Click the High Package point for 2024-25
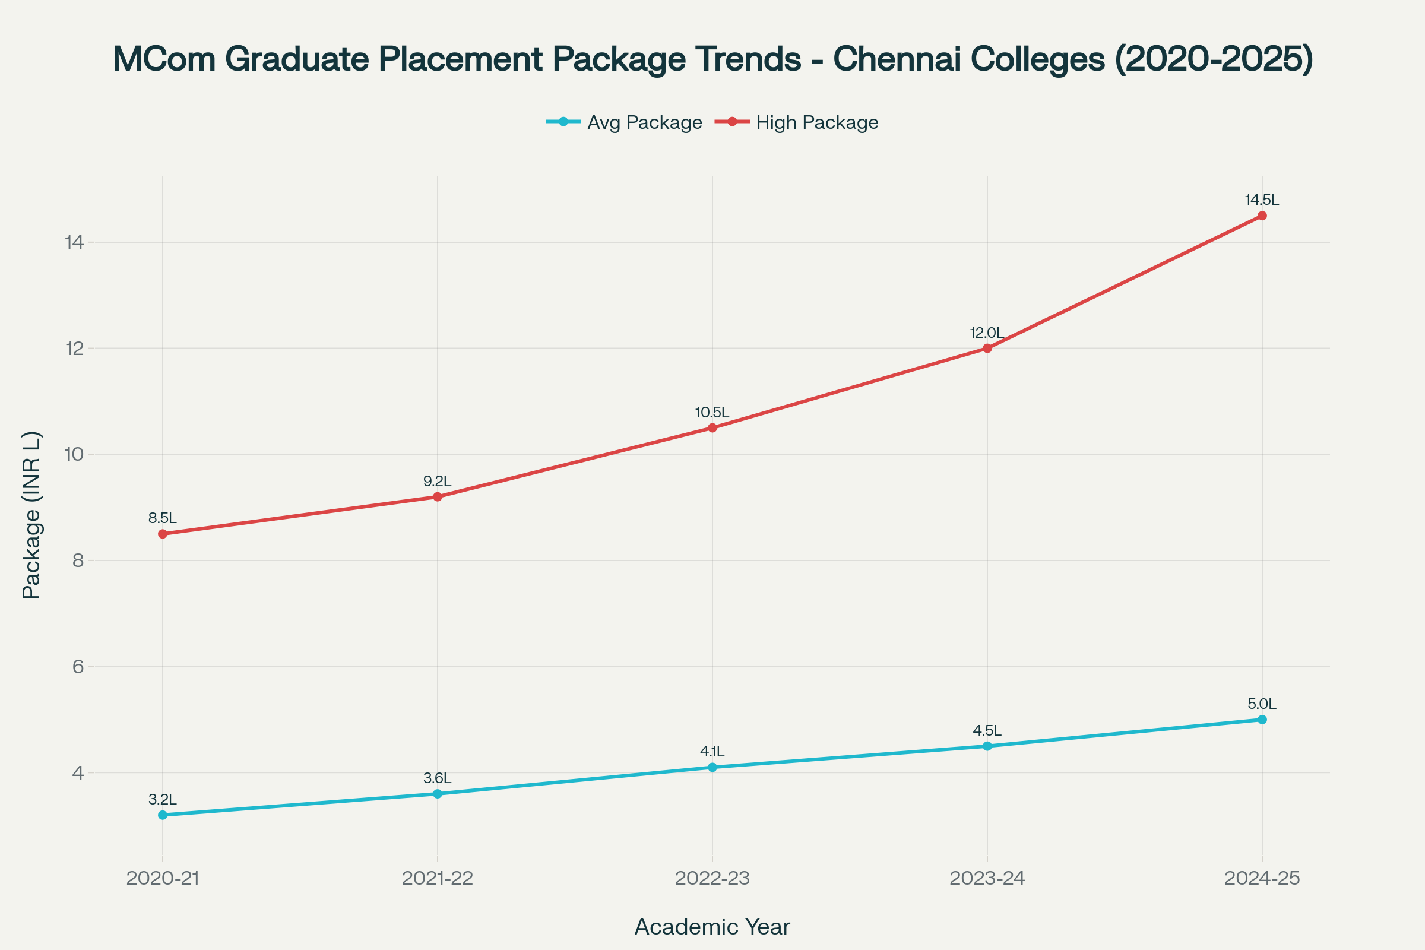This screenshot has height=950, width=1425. pyautogui.click(x=1262, y=216)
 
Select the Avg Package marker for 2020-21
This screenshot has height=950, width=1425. pyautogui.click(x=162, y=815)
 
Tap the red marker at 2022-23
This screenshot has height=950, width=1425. pyautogui.click(x=712, y=427)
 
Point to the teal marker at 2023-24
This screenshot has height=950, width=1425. pyautogui.click(x=987, y=746)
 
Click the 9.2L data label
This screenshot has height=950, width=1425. pyautogui.click(x=437, y=482)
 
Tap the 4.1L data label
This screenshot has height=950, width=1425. pyautogui.click(x=712, y=752)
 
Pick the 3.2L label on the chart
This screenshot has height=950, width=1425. pyautogui.click(x=162, y=800)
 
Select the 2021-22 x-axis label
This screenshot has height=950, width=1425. pyautogui.click(x=438, y=878)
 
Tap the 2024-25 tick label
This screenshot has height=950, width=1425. pyautogui.click(x=1262, y=878)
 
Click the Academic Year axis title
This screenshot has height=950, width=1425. pyautogui.click(x=712, y=927)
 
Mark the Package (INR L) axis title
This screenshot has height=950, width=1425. pyautogui.click(x=31, y=515)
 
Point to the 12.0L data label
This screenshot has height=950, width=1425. pyautogui.click(x=987, y=333)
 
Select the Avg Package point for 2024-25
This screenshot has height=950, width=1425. pyautogui.click(x=1262, y=719)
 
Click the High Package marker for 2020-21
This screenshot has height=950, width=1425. pyautogui.click(x=162, y=534)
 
